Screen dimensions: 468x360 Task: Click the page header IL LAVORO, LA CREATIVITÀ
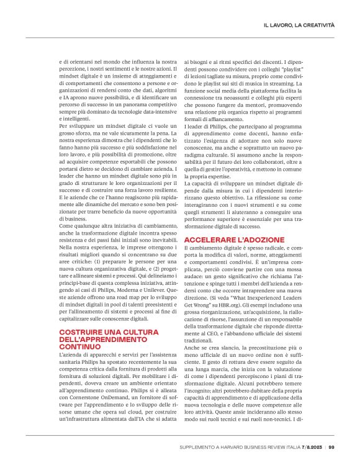click(299, 24)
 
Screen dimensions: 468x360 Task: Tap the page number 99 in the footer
click(332, 447)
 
